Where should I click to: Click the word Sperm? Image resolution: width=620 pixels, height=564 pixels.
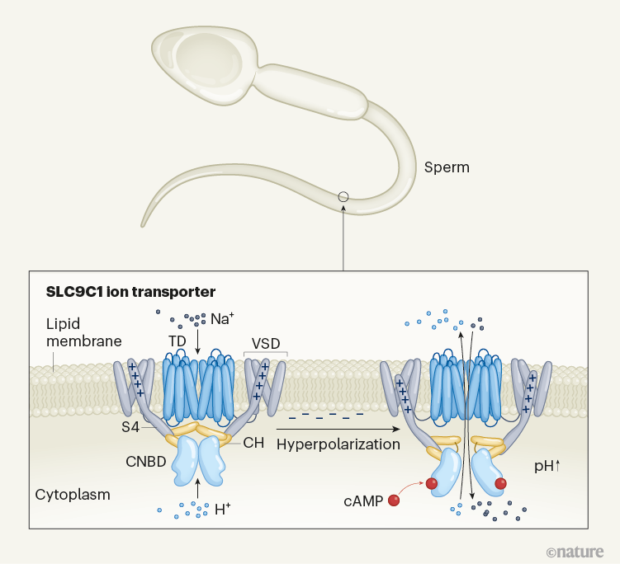pos(447,167)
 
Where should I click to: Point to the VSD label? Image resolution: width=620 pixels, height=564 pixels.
pos(265,343)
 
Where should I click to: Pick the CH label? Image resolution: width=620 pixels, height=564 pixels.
pos(253,443)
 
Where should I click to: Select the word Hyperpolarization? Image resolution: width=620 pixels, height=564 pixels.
pos(338,444)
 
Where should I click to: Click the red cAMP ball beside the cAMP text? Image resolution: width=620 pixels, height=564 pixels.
pos(394,500)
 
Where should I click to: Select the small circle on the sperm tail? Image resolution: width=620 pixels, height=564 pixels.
pos(343,197)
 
